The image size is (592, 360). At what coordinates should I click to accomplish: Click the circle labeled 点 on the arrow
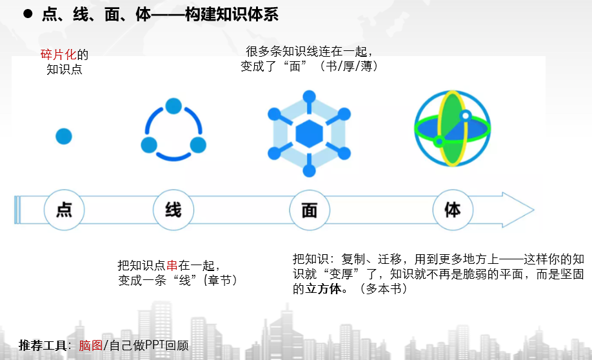[64, 210]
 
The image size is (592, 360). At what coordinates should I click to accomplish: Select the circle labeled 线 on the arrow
[173, 210]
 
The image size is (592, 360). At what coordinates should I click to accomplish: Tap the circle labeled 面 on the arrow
[310, 210]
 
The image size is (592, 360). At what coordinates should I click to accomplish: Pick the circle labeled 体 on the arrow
[452, 210]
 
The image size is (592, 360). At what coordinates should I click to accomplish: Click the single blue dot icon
[63, 136]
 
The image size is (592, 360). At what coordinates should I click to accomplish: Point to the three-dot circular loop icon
[173, 130]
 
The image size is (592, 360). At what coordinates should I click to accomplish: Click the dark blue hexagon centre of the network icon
[309, 133]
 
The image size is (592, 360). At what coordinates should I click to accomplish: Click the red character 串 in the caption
[172, 265]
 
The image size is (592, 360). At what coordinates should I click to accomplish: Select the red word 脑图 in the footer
[91, 345]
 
